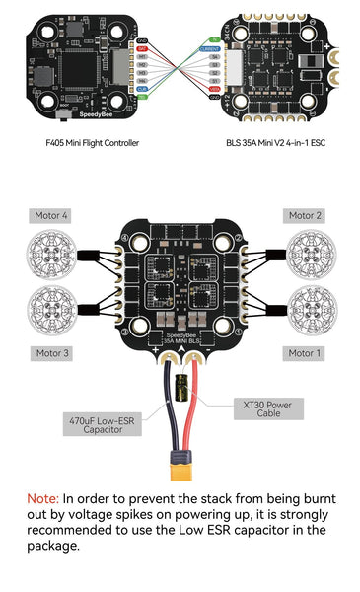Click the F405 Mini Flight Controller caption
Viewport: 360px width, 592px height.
click(x=93, y=143)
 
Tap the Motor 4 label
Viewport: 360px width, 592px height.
click(x=52, y=215)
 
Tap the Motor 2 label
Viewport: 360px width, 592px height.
click(x=306, y=215)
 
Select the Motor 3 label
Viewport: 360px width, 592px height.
click(x=52, y=352)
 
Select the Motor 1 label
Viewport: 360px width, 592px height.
click(x=306, y=352)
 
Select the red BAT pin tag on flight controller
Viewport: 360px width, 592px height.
click(x=143, y=47)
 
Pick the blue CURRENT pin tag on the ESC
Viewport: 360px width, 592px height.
click(x=210, y=47)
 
